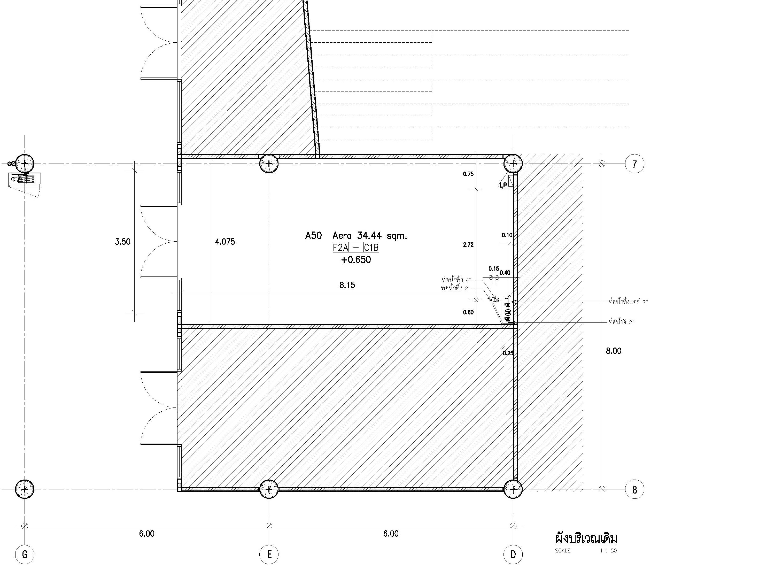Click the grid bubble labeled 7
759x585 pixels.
[634, 164]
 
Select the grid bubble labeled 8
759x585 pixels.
[634, 489]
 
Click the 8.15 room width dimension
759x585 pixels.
[347, 285]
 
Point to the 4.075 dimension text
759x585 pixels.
[225, 242]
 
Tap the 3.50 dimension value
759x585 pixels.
[123, 242]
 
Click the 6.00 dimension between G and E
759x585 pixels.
[147, 534]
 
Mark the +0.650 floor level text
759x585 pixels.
[356, 260]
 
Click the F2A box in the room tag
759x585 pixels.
[340, 248]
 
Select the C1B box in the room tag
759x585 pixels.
[371, 248]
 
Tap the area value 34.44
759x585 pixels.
[369, 236]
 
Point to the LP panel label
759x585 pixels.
[504, 185]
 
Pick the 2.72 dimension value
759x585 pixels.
[468, 245]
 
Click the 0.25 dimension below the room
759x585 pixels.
[508, 353]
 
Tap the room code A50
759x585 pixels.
[313, 236]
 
